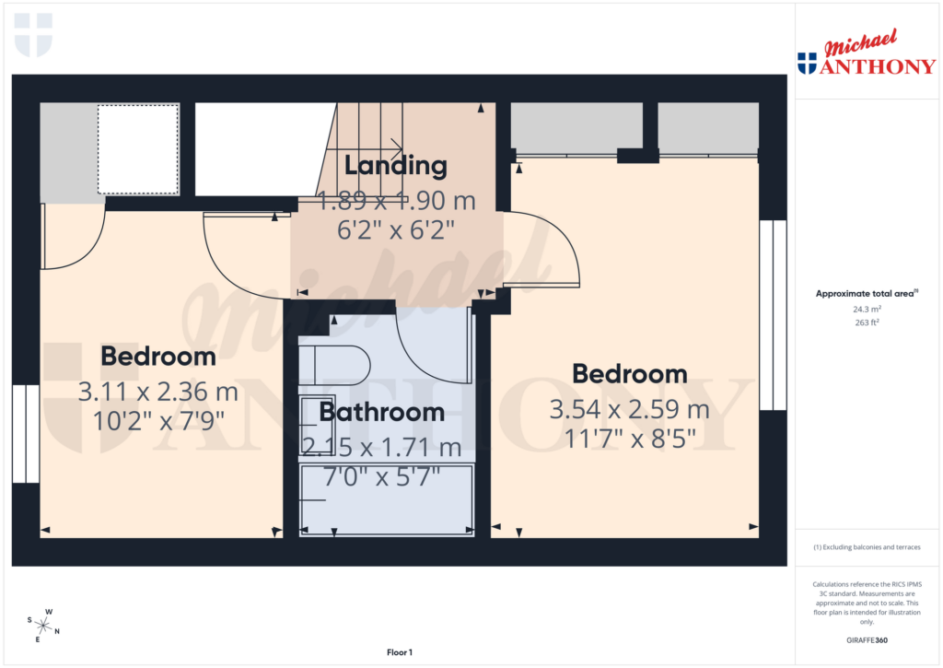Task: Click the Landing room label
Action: pyautogui.click(x=395, y=166)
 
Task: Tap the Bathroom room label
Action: pyautogui.click(x=381, y=412)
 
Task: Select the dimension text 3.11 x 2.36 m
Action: pyautogui.click(x=158, y=392)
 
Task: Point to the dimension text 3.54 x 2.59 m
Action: pyautogui.click(x=629, y=409)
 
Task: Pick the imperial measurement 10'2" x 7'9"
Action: pyautogui.click(x=158, y=423)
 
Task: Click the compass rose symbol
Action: pyautogui.click(x=43, y=626)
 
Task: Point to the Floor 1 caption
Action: pyautogui.click(x=400, y=652)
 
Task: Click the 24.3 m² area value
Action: pyautogui.click(x=867, y=311)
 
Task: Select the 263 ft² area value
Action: pyautogui.click(x=867, y=323)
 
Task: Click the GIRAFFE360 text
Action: pyautogui.click(x=867, y=640)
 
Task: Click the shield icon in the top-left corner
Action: pyautogui.click(x=33, y=34)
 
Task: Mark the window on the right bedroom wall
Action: pyautogui.click(x=779, y=315)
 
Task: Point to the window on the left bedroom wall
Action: pyautogui.click(x=26, y=433)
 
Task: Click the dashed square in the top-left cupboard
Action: pyautogui.click(x=137, y=149)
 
